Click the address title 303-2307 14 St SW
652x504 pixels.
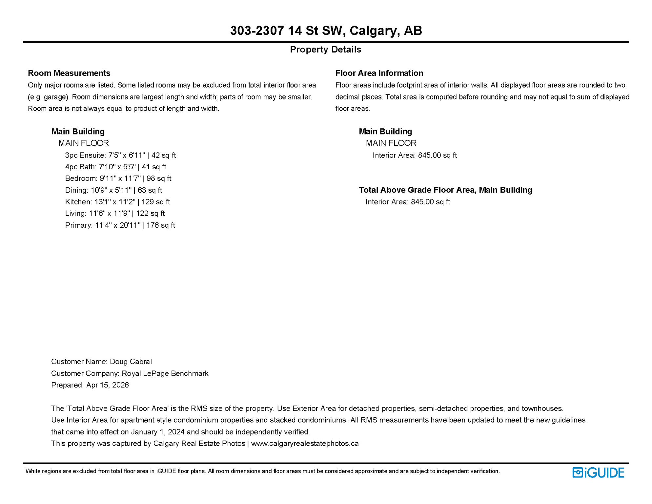tap(326, 31)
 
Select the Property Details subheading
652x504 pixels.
tap(325, 50)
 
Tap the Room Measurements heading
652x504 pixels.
tap(69, 73)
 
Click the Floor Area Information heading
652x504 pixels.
tap(379, 73)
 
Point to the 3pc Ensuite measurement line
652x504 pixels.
tap(120, 155)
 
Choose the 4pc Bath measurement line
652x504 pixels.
tap(115, 167)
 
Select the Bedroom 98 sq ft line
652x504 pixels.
tap(118, 178)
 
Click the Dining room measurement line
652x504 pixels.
tap(113, 190)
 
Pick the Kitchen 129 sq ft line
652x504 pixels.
tap(117, 202)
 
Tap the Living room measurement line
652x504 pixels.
tap(115, 214)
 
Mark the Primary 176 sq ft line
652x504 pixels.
tap(120, 225)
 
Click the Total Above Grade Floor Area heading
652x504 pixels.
tap(445, 190)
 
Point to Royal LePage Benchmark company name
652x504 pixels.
tap(165, 373)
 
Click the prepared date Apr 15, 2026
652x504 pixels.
tap(108, 385)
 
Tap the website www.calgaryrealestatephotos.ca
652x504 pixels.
tap(305, 444)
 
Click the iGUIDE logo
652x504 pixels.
tap(598, 472)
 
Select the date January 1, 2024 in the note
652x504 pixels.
tap(158, 432)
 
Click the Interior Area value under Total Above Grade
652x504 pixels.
tap(408, 202)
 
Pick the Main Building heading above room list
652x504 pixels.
tap(78, 132)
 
